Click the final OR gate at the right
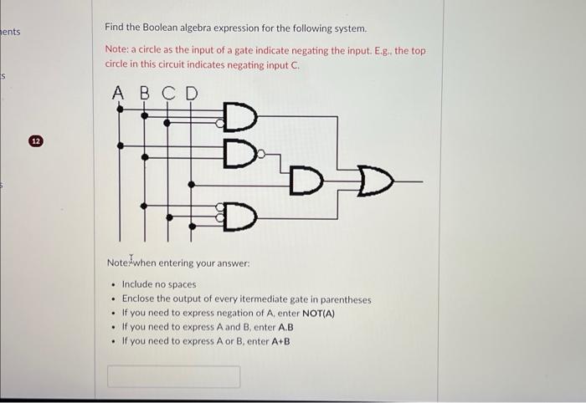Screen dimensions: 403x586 373,180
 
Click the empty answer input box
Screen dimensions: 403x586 172,376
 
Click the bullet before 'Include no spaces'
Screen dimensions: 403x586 113,284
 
